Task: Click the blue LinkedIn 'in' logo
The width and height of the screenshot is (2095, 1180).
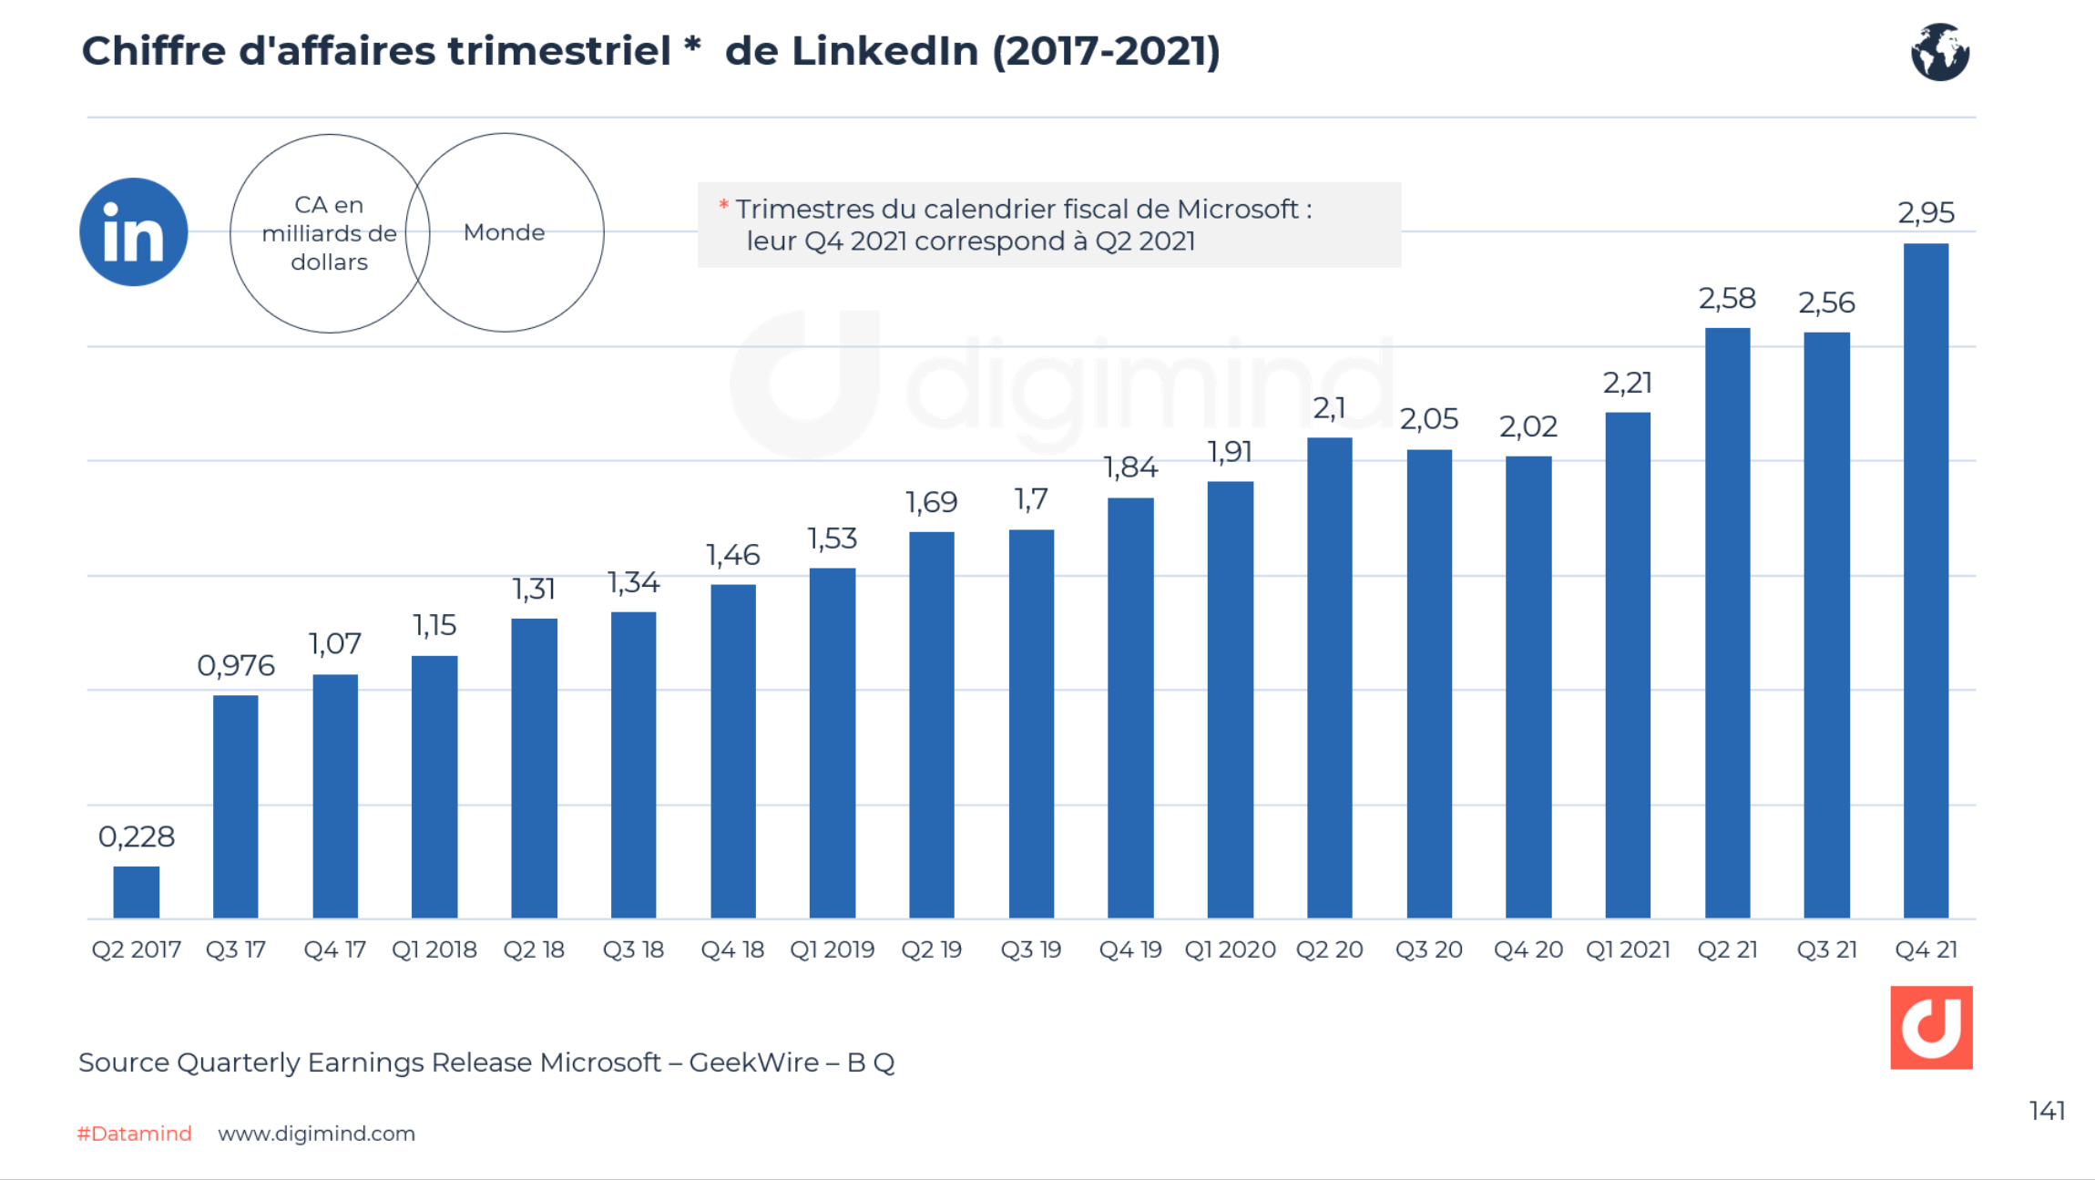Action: (134, 231)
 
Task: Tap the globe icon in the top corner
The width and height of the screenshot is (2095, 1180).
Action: (1939, 52)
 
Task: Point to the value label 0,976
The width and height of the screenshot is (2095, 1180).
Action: (235, 665)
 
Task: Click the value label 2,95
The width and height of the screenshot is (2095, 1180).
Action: (1925, 212)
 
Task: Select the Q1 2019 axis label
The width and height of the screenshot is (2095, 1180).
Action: (832, 949)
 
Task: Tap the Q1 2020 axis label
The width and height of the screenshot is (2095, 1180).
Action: (1230, 949)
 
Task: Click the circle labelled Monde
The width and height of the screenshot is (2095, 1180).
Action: (505, 232)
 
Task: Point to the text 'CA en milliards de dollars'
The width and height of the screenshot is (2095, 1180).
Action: (329, 233)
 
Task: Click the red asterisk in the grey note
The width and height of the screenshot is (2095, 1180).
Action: (723, 205)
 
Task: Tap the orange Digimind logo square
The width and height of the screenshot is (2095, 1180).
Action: (1931, 1027)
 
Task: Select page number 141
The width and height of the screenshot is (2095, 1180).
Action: (2046, 1111)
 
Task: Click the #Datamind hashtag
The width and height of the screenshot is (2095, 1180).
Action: (135, 1134)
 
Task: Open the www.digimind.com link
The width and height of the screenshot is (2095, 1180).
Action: (316, 1134)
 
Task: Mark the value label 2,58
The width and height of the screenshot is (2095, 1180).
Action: (1726, 299)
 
